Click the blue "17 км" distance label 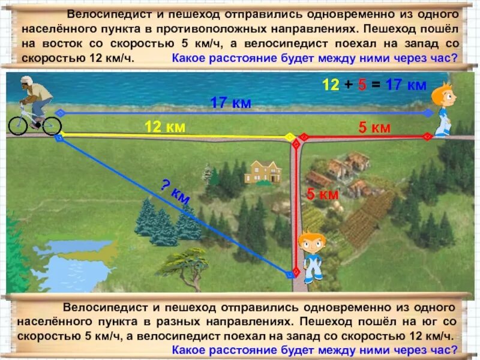click(230, 103)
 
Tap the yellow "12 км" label click(164, 127)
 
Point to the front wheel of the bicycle click(52, 125)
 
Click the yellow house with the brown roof click(262, 172)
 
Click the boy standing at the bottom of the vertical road click(313, 256)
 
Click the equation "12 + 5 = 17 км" click(374, 85)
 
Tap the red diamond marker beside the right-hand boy click(427, 136)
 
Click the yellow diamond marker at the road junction click(289, 136)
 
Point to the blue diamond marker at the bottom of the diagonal click(290, 274)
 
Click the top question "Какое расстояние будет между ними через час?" click(314, 58)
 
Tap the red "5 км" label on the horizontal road click(374, 127)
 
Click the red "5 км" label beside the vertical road click(323, 194)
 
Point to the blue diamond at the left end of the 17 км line click(59, 112)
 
